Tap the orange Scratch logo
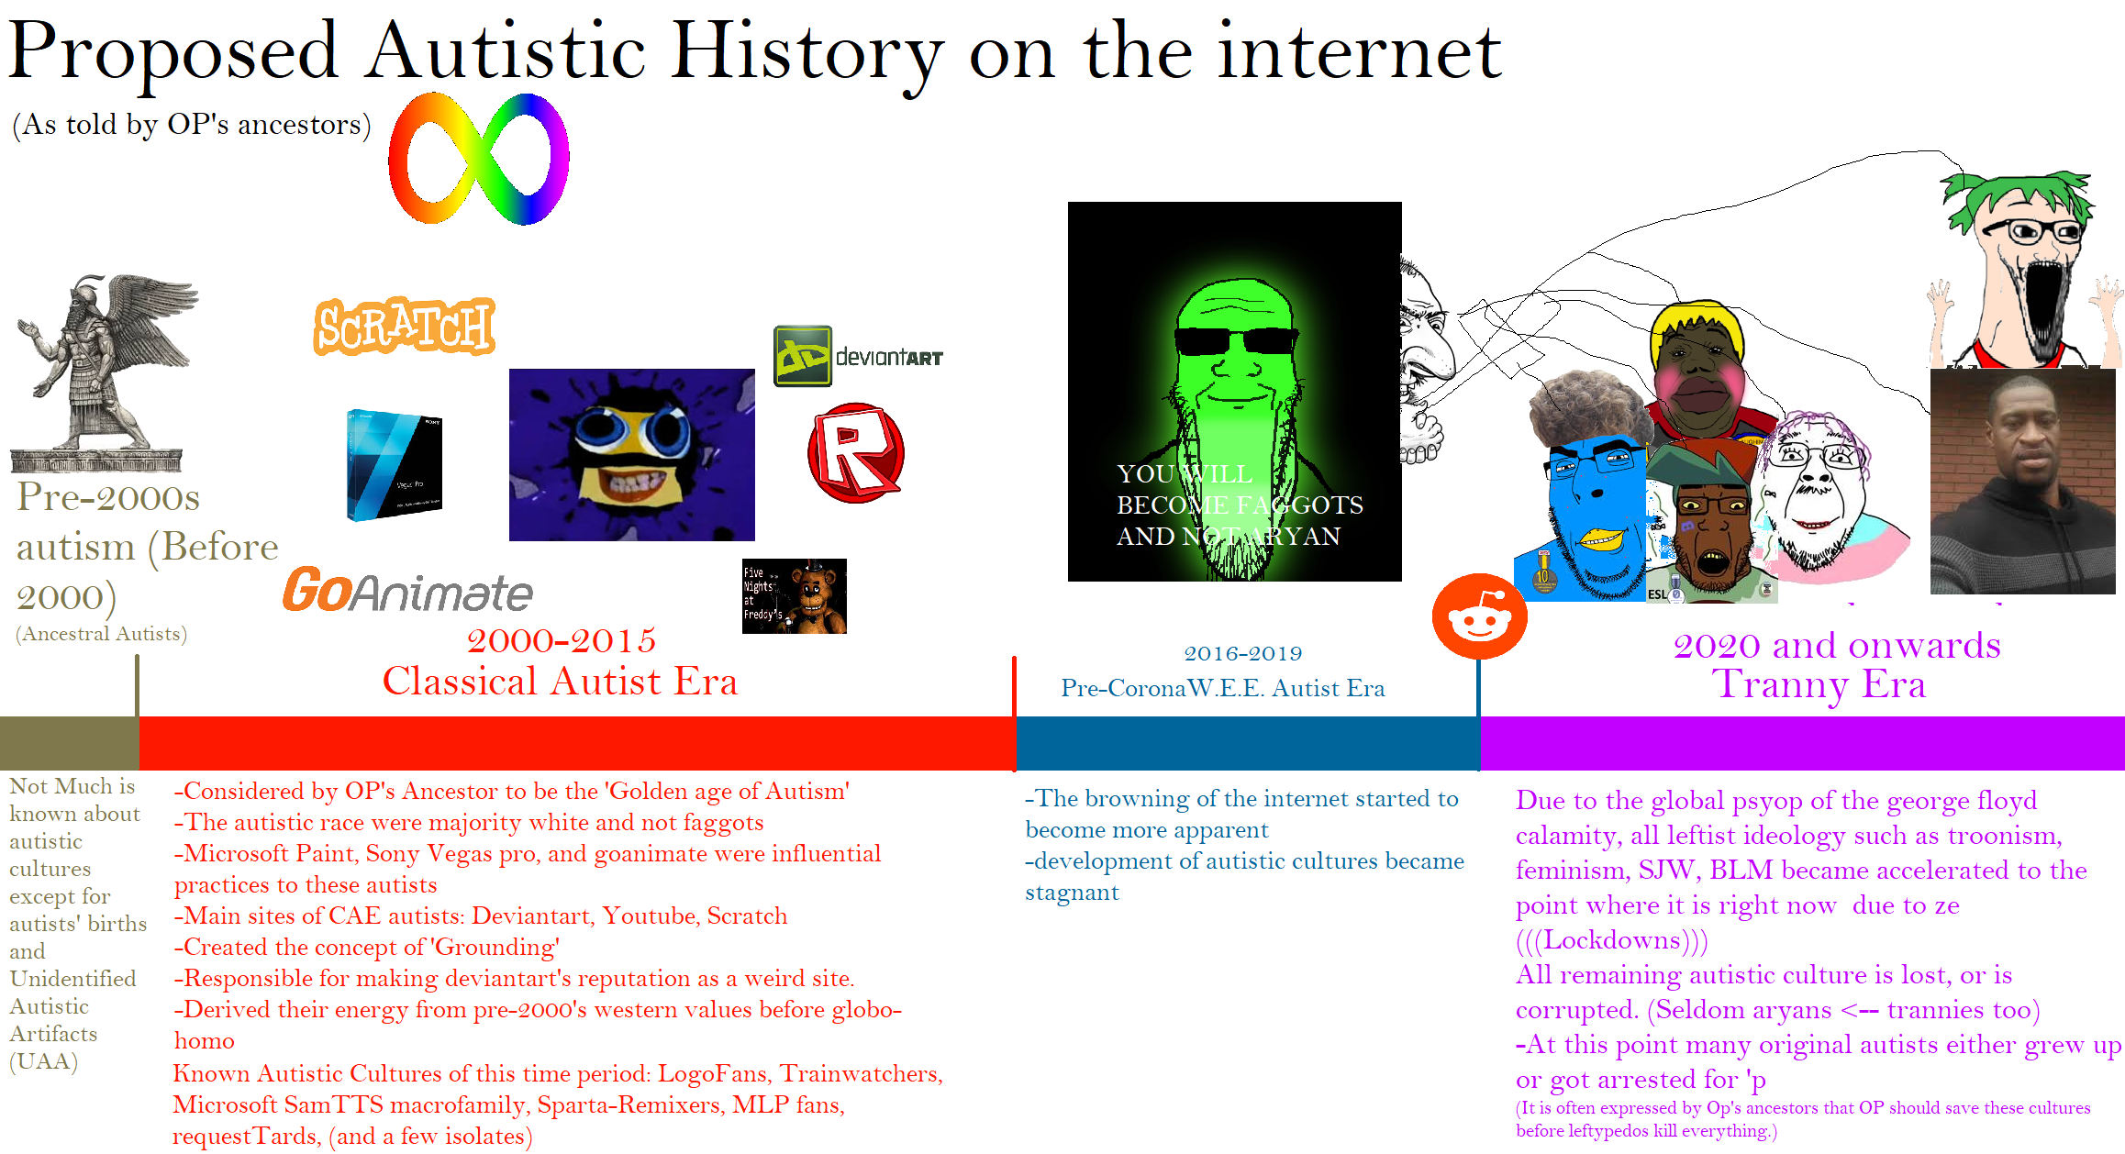click(x=405, y=327)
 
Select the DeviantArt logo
click(x=858, y=356)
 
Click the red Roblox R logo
click(x=856, y=452)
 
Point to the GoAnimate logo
click(x=407, y=590)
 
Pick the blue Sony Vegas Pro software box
click(x=395, y=465)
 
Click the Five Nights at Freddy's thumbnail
click(x=795, y=596)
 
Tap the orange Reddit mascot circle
click(x=1479, y=616)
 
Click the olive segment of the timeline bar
click(x=70, y=743)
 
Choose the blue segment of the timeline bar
click(x=1248, y=743)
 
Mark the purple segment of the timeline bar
click(x=1802, y=743)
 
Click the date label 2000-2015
click(x=562, y=640)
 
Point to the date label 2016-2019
click(x=1243, y=653)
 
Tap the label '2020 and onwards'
click(x=1837, y=646)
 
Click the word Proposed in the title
click(x=173, y=53)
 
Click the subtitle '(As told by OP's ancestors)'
click(x=192, y=125)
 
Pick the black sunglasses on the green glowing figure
click(x=1235, y=341)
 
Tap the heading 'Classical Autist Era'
click(x=560, y=682)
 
